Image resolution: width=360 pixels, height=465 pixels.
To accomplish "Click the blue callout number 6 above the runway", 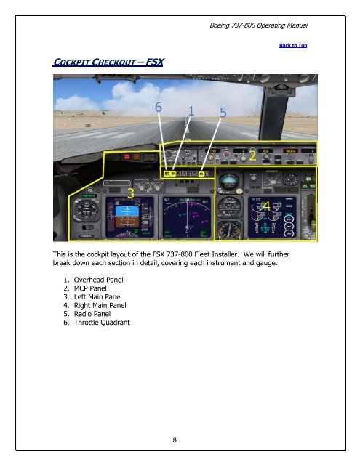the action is point(158,108).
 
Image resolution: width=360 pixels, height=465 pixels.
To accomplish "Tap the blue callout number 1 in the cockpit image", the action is point(191,111).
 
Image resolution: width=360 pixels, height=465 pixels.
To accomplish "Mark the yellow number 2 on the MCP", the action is point(252,155).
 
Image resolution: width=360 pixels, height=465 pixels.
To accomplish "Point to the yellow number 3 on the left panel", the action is point(130,193).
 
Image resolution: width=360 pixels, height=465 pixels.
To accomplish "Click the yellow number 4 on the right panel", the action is point(267,206).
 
